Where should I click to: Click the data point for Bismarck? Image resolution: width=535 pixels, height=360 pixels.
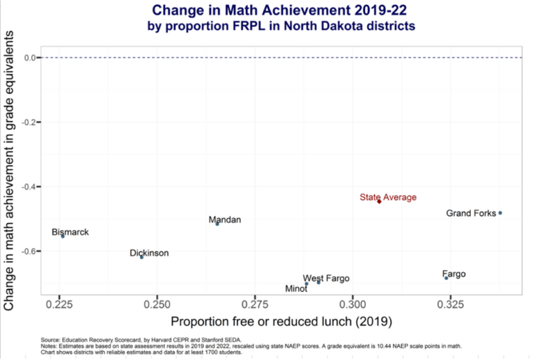[63, 236]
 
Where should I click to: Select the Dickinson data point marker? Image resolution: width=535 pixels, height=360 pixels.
[141, 257]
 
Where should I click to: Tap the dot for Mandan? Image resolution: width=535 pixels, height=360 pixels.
[217, 224]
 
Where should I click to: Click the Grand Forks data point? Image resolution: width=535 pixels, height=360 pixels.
[500, 213]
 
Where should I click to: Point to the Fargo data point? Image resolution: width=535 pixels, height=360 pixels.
[447, 278]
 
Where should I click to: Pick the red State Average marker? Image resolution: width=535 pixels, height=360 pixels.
[379, 201]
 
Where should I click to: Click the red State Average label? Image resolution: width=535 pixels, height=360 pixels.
[388, 197]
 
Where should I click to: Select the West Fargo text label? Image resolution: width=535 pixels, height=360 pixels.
[326, 279]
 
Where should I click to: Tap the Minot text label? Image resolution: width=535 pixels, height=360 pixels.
[297, 288]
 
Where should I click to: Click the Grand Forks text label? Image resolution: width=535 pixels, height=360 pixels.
[471, 213]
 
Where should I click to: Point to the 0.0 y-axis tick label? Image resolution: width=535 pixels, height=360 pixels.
[30, 58]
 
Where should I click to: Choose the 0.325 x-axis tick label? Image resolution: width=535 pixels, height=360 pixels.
[451, 304]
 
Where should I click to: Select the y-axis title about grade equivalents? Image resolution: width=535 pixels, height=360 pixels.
[10, 174]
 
